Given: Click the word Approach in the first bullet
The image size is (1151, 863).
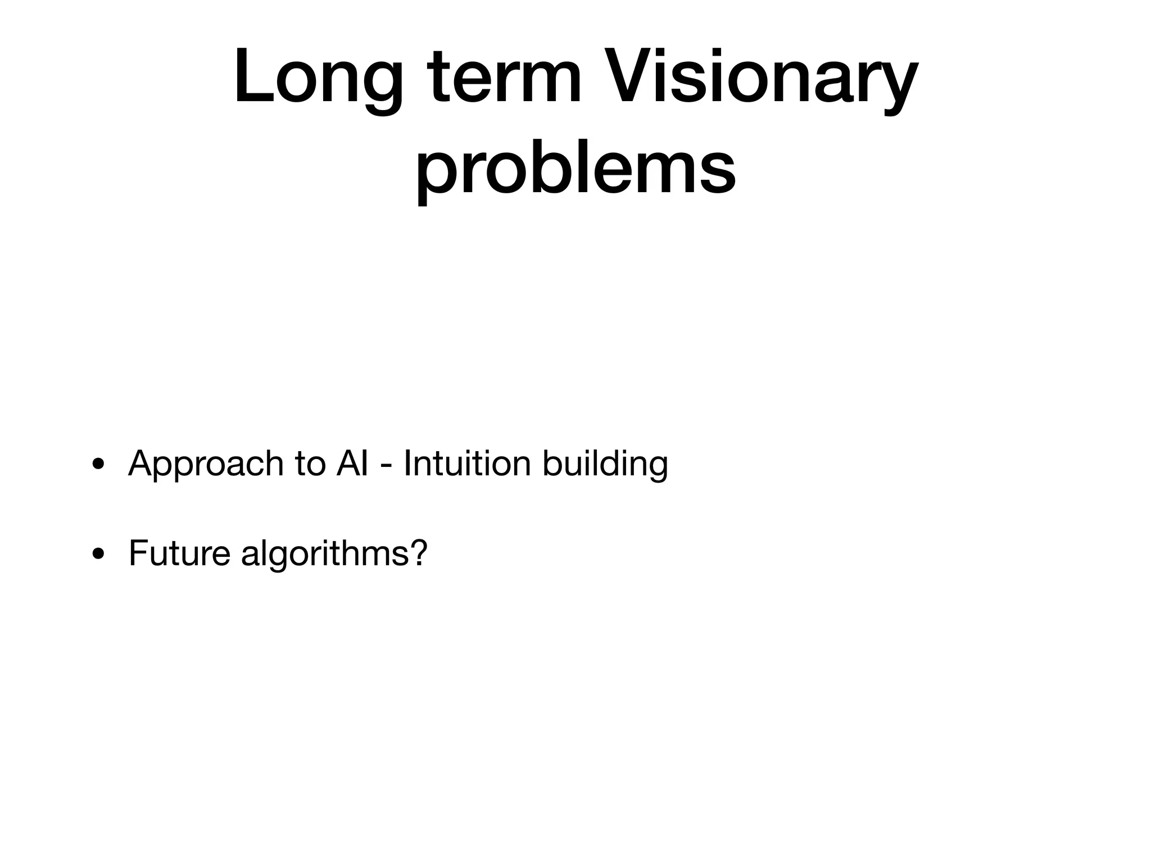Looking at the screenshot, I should click(x=206, y=464).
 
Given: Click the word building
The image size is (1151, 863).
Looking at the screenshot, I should click(x=605, y=464).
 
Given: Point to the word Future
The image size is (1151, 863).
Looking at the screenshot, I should click(x=179, y=553).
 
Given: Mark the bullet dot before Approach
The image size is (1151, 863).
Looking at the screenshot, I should click(x=98, y=465).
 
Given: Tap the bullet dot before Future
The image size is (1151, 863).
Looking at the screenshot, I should click(x=98, y=555).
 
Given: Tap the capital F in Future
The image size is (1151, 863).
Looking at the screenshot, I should click(x=138, y=553).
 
